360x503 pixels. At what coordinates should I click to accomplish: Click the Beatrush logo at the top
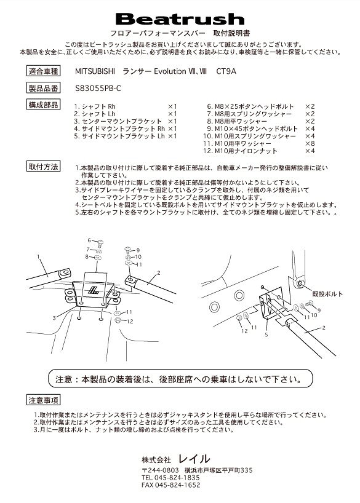180,19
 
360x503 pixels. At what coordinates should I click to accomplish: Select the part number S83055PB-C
98,88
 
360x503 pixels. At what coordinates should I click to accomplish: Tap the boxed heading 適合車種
43,71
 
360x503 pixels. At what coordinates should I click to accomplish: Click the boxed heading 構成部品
43,105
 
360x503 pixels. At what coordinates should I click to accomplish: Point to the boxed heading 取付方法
43,167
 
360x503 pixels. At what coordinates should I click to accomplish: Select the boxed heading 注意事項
43,400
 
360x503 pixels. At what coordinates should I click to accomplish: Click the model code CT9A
226,71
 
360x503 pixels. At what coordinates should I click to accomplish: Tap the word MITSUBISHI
95,71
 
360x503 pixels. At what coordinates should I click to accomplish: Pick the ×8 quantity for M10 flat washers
310,143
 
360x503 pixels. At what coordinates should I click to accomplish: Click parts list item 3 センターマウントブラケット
118,121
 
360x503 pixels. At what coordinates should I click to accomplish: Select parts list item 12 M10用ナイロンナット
240,151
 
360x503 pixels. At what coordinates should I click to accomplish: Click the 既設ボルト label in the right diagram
327,294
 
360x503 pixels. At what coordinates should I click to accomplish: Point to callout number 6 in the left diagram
90,240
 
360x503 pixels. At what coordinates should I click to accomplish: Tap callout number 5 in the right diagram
266,335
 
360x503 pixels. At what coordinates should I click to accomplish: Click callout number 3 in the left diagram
54,318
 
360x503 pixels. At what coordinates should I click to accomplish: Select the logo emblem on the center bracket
94,291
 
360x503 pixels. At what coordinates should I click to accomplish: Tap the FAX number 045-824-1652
171,485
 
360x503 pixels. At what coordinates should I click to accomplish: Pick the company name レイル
194,459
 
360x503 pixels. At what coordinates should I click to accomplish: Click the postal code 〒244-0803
160,470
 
